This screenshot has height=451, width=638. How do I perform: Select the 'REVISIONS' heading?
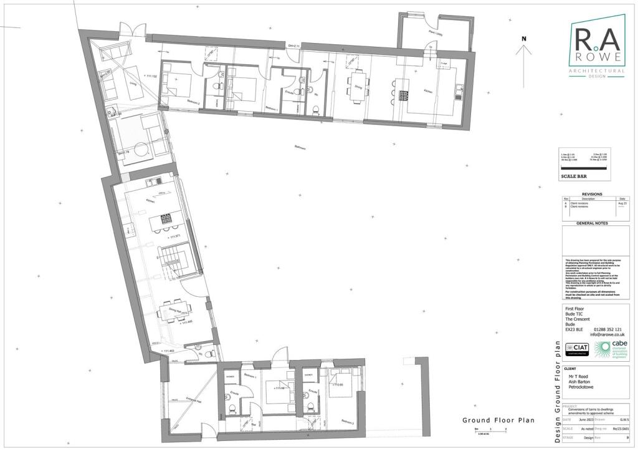point(591,194)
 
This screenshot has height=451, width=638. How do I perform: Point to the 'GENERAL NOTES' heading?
point(591,223)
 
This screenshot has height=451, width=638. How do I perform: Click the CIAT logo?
point(576,349)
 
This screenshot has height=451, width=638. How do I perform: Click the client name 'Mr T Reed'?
point(579,377)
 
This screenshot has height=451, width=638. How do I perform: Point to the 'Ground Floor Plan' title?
point(498,420)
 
